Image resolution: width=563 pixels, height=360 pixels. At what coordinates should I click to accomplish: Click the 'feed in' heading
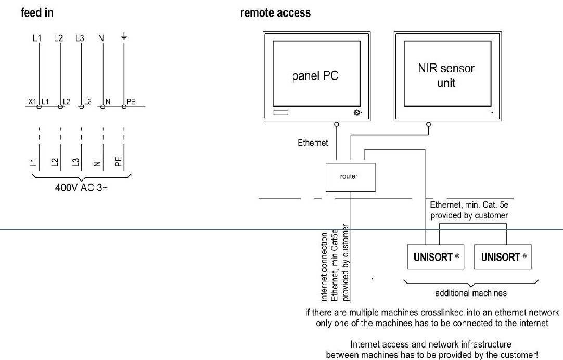36,12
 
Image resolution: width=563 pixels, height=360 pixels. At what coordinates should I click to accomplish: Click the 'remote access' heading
275,12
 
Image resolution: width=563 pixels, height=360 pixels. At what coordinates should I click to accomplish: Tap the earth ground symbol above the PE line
124,37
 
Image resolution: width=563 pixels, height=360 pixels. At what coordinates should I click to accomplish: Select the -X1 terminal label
31,101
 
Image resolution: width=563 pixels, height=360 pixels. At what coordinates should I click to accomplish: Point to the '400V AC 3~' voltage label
81,187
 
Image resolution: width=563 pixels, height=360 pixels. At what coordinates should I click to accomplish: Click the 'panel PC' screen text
315,75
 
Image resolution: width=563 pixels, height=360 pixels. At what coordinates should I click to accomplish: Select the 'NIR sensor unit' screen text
446,75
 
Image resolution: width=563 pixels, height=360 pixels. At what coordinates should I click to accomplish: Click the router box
349,176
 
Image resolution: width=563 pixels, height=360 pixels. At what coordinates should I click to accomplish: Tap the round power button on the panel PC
357,113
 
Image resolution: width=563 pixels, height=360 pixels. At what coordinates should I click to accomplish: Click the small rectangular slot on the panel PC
280,113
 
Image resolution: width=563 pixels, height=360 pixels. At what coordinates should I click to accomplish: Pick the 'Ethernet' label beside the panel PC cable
313,143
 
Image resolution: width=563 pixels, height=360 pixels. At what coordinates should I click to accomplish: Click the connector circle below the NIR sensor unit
428,125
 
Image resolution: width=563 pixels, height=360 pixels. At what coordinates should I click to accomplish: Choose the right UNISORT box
503,257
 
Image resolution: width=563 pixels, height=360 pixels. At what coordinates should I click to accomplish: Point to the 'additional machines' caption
470,293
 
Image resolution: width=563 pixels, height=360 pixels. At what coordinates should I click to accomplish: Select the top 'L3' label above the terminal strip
80,38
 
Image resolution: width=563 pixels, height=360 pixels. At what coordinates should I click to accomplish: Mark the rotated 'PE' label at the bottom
119,161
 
